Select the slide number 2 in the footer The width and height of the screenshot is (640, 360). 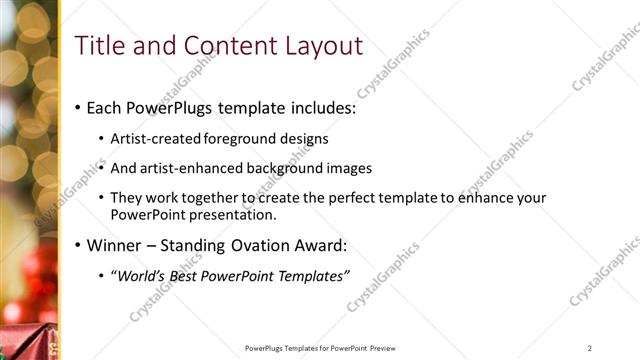click(590, 348)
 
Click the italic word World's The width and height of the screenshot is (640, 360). click(139, 276)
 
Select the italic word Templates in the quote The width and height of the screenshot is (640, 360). click(309, 276)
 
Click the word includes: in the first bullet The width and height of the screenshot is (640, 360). click(321, 108)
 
